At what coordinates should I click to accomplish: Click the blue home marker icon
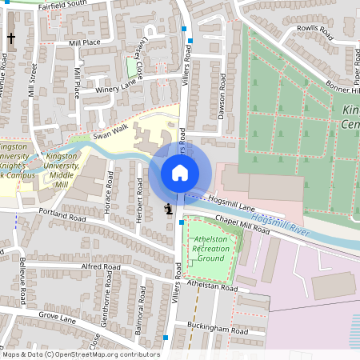coord(180,172)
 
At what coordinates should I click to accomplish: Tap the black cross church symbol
coord(11,38)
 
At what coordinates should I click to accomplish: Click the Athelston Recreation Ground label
coord(209,248)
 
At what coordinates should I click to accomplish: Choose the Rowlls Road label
coord(314,31)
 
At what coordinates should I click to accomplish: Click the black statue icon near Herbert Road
coord(168,209)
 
